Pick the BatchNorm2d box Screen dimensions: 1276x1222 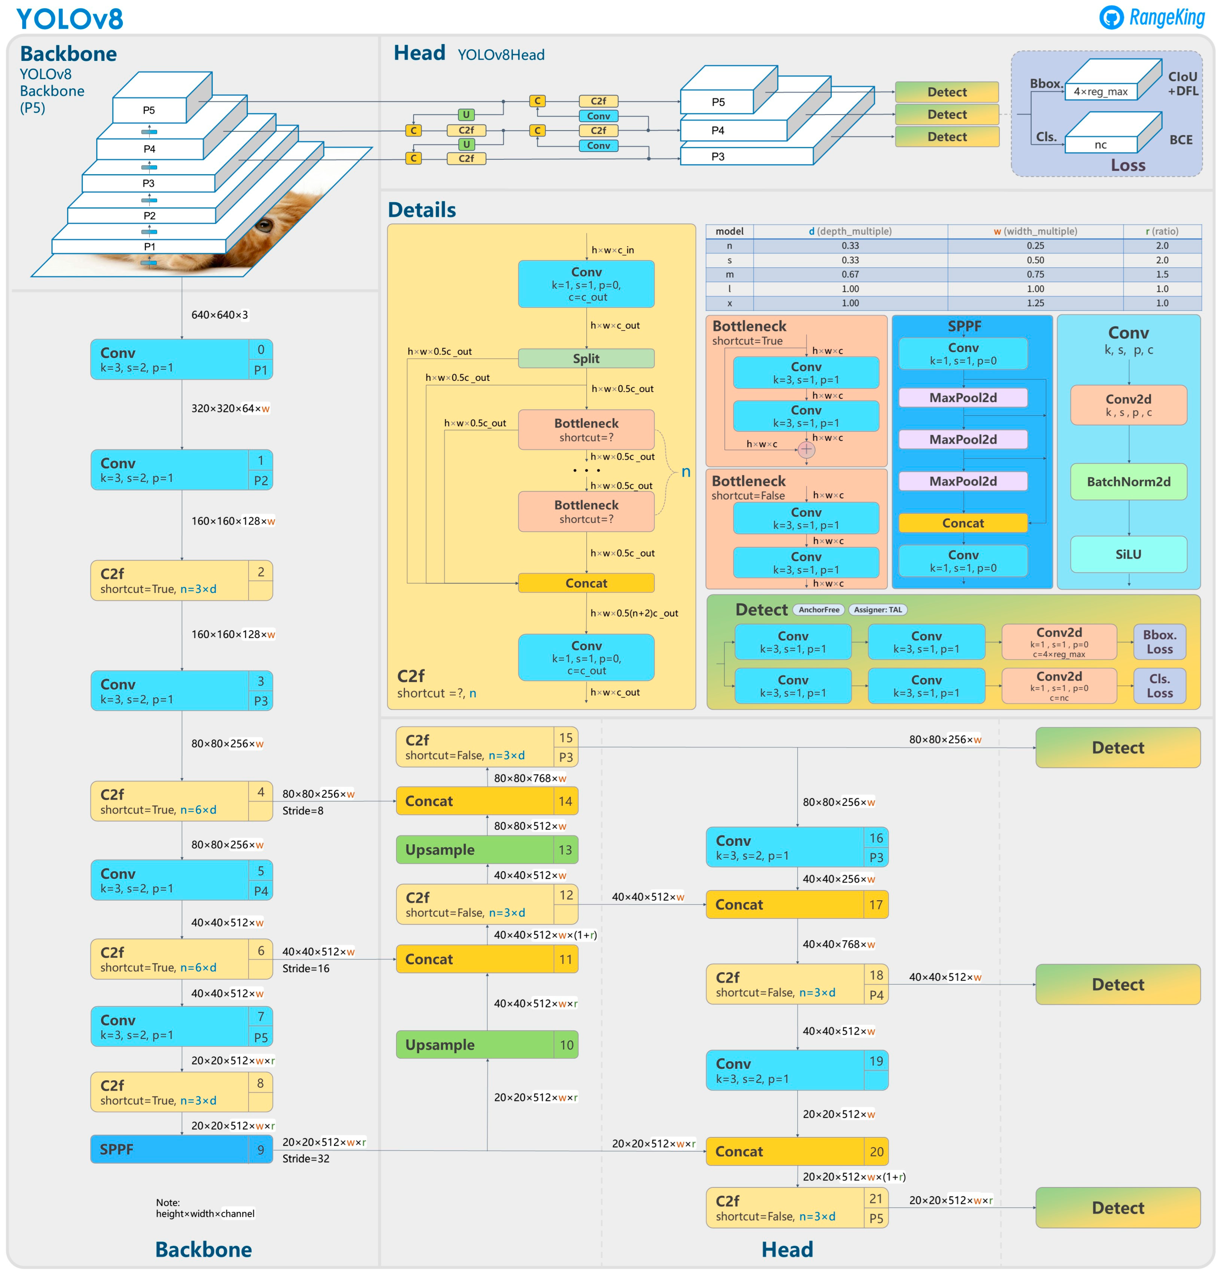click(x=1128, y=482)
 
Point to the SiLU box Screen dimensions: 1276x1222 click(x=1128, y=554)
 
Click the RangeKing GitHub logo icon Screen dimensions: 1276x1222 click(x=1111, y=18)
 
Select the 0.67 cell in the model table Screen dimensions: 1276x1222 click(x=850, y=274)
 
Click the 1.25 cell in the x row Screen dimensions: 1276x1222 click(x=1035, y=303)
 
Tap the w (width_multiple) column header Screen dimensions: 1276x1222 click(x=1035, y=231)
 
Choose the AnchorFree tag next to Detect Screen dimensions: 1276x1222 click(x=819, y=609)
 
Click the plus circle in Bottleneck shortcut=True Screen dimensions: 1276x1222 click(x=806, y=449)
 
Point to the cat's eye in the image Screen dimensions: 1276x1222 click(x=263, y=226)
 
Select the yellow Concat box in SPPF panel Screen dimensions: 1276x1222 click(x=963, y=523)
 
